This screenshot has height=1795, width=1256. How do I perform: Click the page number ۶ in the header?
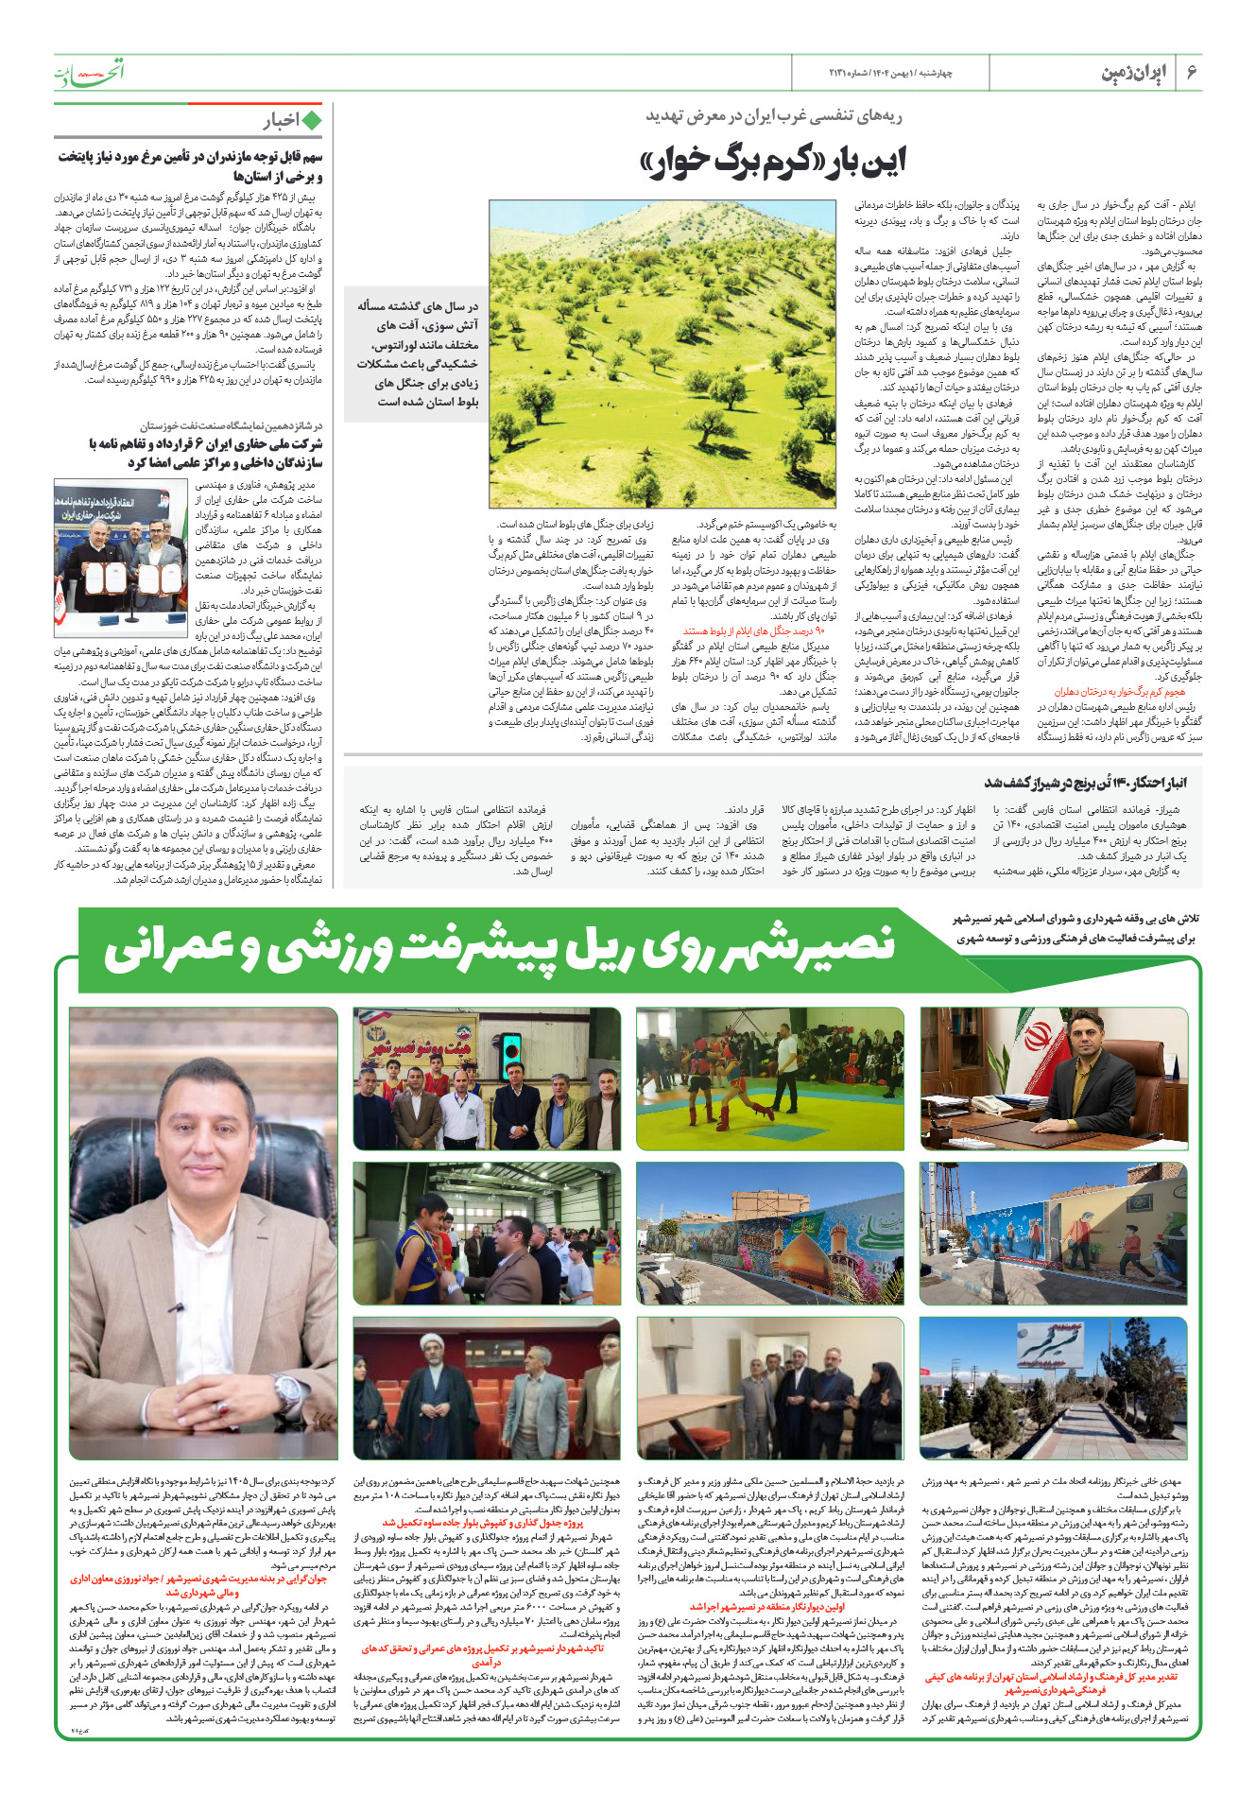[1191, 73]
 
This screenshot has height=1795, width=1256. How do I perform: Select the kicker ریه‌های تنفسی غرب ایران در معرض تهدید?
[774, 116]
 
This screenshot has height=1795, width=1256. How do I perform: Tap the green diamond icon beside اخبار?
[312, 120]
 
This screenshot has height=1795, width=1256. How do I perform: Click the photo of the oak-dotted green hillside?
[662, 354]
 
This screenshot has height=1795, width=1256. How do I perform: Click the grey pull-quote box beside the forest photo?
[416, 354]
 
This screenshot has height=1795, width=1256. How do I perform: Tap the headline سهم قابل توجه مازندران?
[189, 166]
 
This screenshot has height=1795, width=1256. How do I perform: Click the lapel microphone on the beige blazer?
[174, 1307]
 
